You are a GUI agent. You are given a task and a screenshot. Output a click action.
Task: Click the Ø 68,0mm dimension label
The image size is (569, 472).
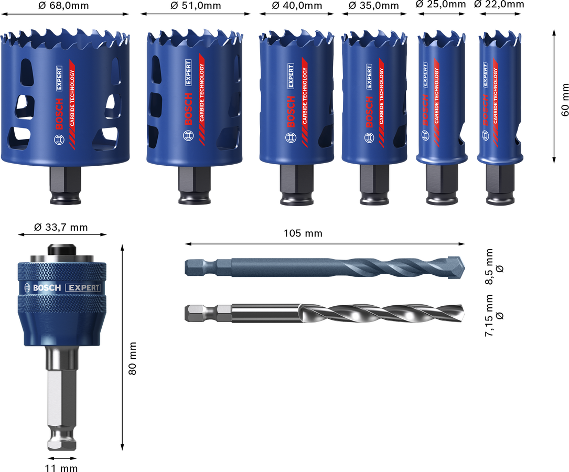click(x=63, y=6)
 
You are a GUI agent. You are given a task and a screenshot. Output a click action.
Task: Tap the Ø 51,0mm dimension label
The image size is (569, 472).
click(x=196, y=6)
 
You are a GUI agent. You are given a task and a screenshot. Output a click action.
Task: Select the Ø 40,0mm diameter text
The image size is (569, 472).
click(x=297, y=6)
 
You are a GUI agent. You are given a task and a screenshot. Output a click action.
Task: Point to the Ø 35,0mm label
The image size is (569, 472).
click(x=374, y=6)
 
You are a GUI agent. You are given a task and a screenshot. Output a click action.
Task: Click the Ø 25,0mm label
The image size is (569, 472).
click(x=441, y=4)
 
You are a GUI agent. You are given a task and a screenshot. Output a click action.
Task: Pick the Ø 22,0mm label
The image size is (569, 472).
click(x=499, y=4)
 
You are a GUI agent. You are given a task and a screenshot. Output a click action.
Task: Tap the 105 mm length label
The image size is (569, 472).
click(x=303, y=233)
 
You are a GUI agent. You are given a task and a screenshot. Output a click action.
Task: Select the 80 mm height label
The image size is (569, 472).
click(x=133, y=358)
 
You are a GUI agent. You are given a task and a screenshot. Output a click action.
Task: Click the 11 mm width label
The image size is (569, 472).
click(x=61, y=468)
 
